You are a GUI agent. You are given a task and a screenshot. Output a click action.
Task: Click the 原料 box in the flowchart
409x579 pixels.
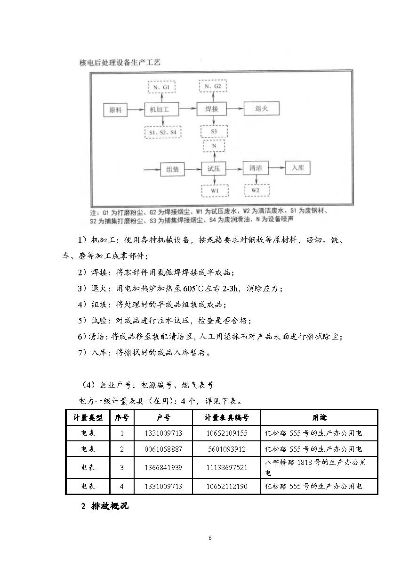click(x=116, y=110)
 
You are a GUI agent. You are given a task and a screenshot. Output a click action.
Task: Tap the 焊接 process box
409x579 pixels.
click(x=211, y=110)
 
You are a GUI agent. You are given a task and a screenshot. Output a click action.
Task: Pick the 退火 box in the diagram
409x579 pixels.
click(x=261, y=109)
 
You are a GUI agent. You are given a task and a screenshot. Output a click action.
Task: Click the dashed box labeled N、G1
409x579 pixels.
click(x=161, y=88)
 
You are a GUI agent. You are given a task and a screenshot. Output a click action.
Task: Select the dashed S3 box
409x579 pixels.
click(x=214, y=131)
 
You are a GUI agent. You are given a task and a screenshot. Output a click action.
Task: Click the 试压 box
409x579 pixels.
click(x=214, y=169)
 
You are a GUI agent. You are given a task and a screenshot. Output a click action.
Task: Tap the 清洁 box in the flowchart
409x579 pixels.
click(x=258, y=168)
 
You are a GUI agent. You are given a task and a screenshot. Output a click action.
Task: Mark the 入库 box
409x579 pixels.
click(x=298, y=168)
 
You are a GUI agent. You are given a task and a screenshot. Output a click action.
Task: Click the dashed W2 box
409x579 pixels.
click(x=257, y=190)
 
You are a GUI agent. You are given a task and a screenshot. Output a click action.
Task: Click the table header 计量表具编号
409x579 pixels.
click(x=226, y=417)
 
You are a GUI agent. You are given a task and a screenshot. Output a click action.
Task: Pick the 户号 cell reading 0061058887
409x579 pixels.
click(x=163, y=449)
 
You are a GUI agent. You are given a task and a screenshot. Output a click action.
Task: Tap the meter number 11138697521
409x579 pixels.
click(x=226, y=467)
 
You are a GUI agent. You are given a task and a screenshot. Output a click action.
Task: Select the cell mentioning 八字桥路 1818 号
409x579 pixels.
click(x=319, y=467)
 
